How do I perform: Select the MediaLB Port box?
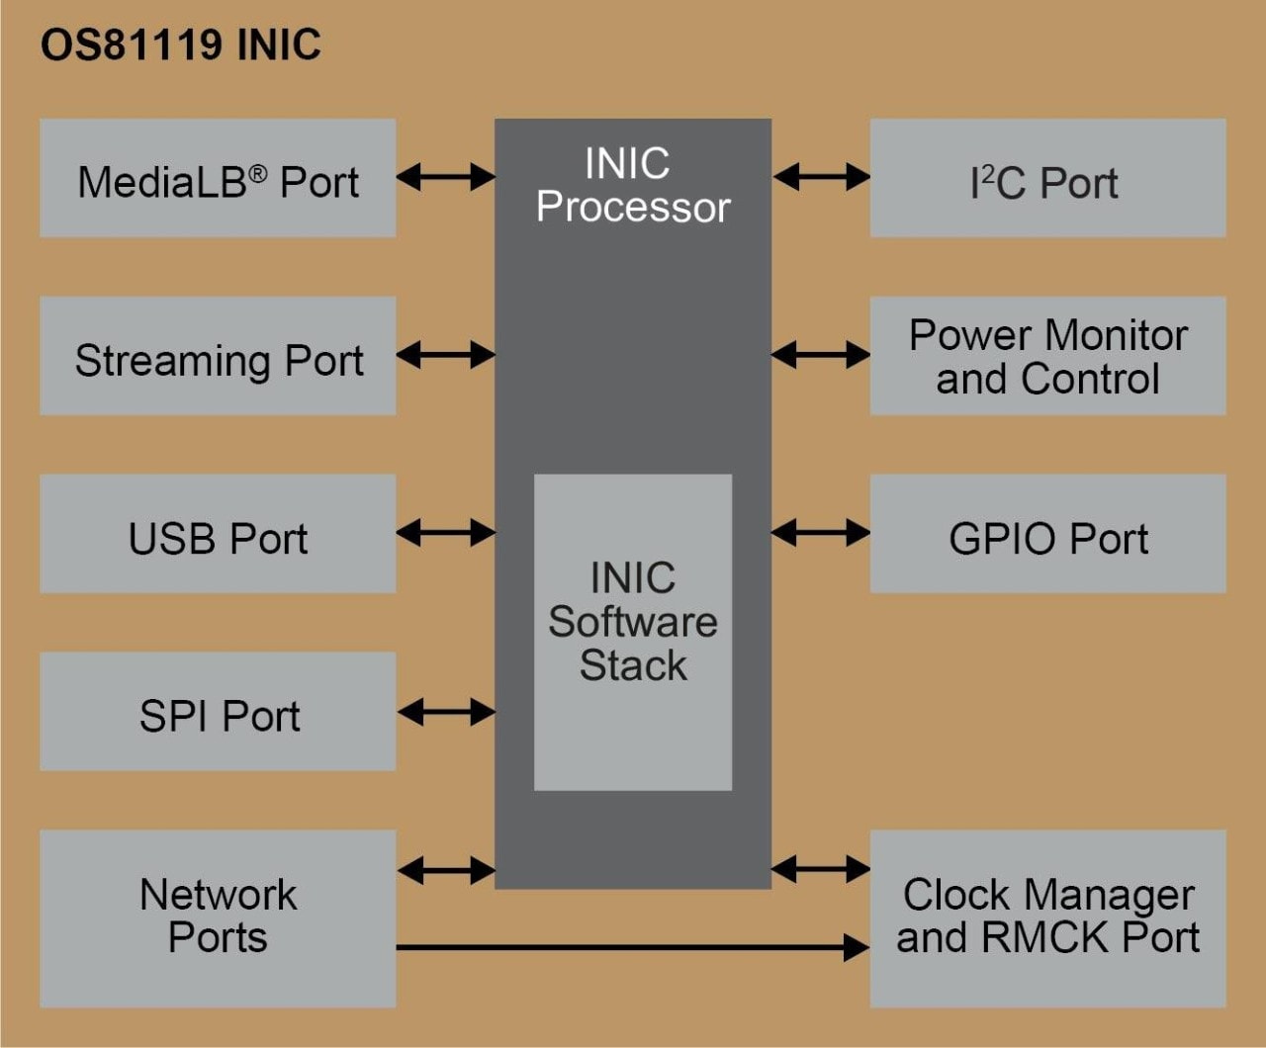click(218, 178)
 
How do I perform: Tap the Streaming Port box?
click(218, 356)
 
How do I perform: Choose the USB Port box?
click(218, 534)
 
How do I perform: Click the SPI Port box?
click(218, 712)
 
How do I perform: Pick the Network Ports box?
click(218, 918)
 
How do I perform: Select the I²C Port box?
click(1047, 178)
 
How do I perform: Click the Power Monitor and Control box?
click(1047, 356)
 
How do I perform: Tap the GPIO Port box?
click(1047, 534)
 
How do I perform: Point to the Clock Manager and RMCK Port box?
click(1047, 918)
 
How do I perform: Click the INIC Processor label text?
click(632, 186)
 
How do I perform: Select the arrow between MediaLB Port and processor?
click(445, 177)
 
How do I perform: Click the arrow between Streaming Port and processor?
click(445, 355)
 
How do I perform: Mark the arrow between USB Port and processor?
click(445, 533)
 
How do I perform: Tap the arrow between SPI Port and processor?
click(445, 712)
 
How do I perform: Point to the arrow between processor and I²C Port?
click(821, 177)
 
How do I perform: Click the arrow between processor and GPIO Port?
click(821, 533)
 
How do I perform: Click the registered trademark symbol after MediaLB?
click(257, 173)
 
